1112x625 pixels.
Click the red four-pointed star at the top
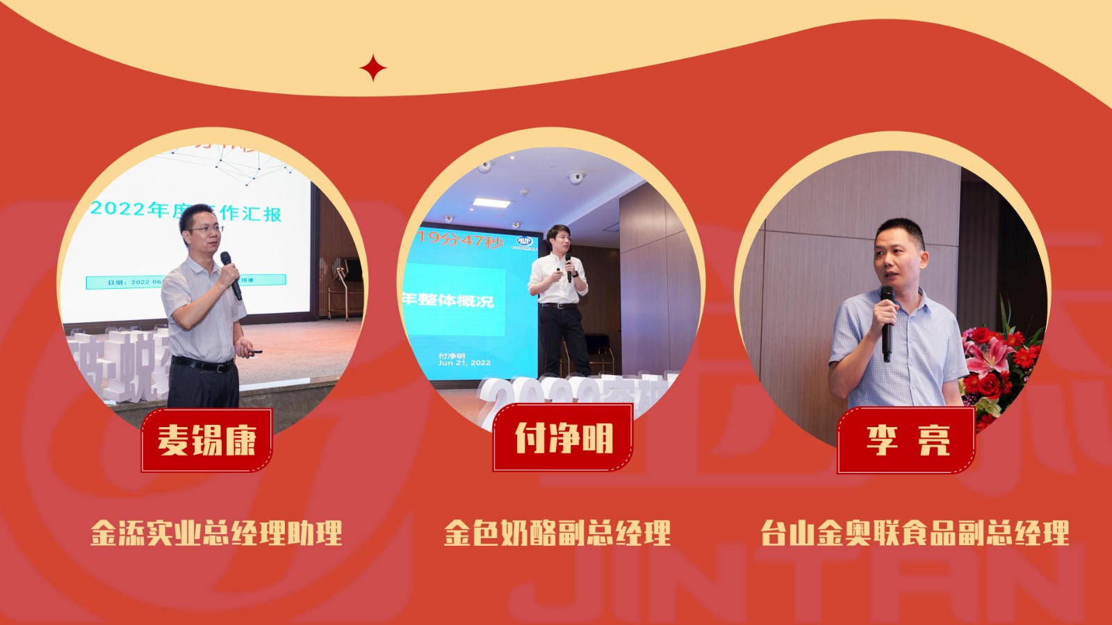coord(373,68)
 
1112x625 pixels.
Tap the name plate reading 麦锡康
coord(206,440)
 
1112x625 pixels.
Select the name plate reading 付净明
coord(563,437)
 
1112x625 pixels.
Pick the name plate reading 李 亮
coord(906,440)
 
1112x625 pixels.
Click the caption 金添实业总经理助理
coord(216,533)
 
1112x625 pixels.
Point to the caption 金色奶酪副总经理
coord(557,533)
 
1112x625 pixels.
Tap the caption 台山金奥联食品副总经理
coord(914,533)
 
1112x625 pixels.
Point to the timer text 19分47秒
coord(460,240)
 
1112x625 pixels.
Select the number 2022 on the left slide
coord(118,208)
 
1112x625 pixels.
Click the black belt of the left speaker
coord(202,363)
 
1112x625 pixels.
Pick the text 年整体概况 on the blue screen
coord(449,300)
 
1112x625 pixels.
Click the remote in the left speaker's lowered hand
coord(254,352)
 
